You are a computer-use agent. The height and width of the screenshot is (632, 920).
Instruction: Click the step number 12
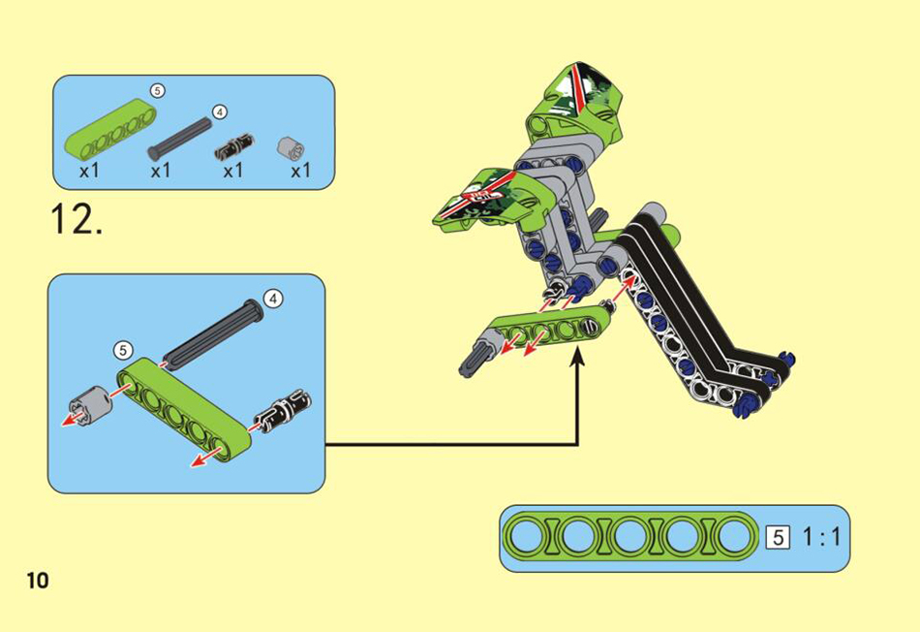(x=77, y=220)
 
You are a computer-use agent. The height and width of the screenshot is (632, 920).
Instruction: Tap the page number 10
(x=38, y=581)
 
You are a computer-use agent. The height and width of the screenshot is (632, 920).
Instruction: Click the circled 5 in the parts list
(x=157, y=91)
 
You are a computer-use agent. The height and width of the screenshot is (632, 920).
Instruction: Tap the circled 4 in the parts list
(x=220, y=111)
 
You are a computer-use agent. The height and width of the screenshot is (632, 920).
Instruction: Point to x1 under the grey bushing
(x=300, y=171)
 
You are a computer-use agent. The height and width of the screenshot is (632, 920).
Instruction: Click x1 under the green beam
(x=89, y=171)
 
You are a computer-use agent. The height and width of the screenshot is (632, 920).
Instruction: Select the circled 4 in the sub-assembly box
(x=273, y=299)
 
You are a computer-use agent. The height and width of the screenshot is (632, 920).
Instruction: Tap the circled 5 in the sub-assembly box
(x=123, y=351)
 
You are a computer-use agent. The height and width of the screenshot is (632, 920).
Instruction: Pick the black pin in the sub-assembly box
(x=282, y=410)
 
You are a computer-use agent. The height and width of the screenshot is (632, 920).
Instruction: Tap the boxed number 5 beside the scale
(x=778, y=537)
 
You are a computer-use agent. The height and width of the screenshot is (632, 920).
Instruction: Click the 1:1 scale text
(x=821, y=537)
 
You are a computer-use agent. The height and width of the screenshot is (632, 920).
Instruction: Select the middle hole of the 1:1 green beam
(x=629, y=537)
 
